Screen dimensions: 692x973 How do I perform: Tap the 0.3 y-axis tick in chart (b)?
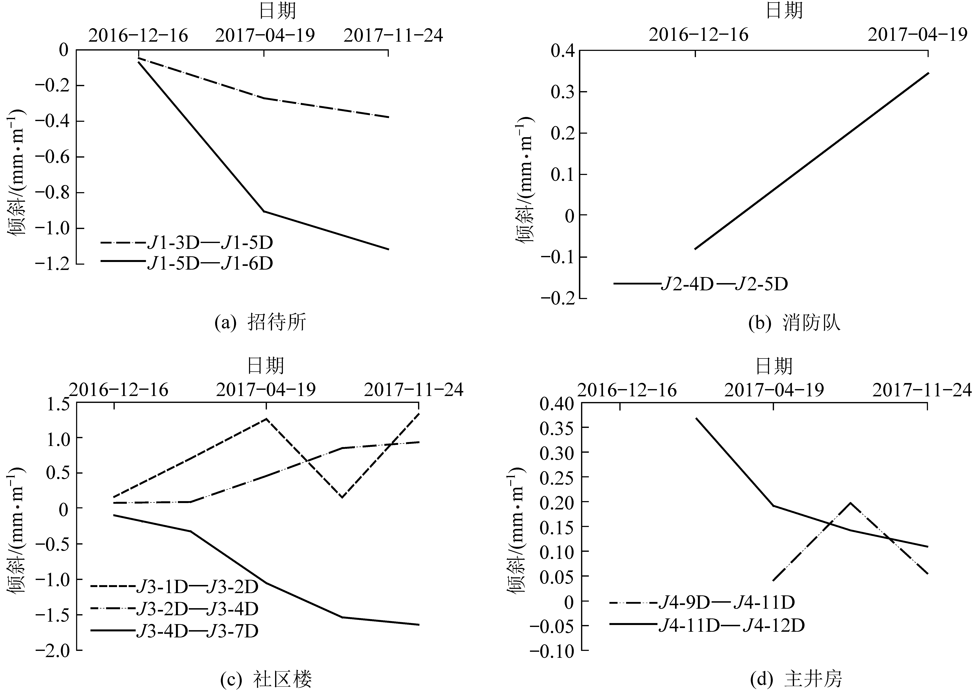(x=562, y=92)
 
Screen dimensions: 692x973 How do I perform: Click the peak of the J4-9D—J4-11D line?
(x=850, y=503)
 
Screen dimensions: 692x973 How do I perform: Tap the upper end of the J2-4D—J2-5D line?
(x=928, y=73)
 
